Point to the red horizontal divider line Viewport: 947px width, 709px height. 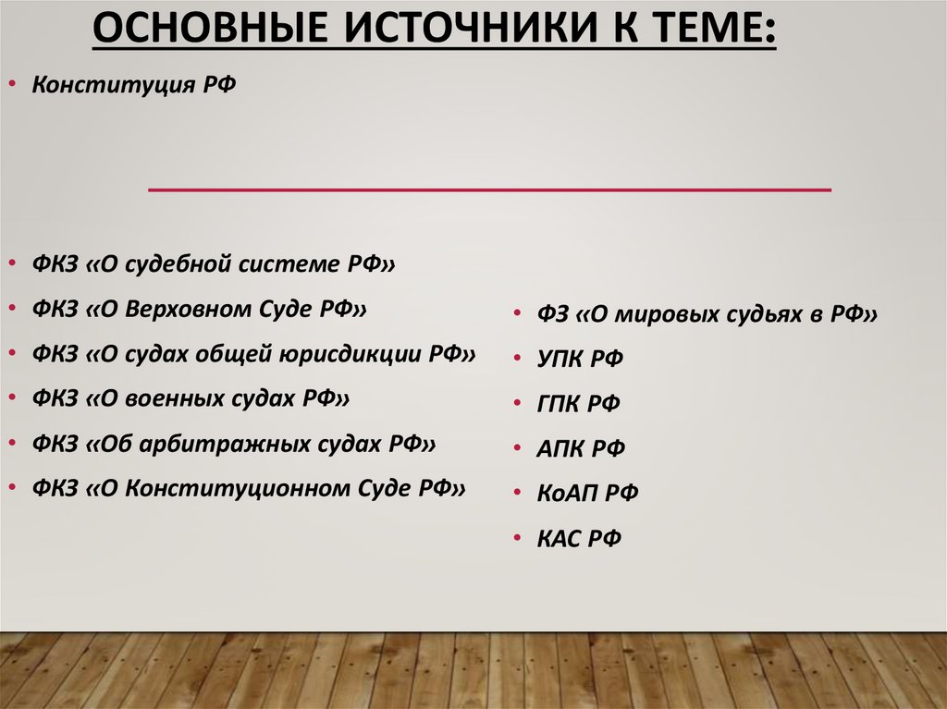(489, 190)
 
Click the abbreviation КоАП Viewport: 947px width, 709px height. (568, 494)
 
